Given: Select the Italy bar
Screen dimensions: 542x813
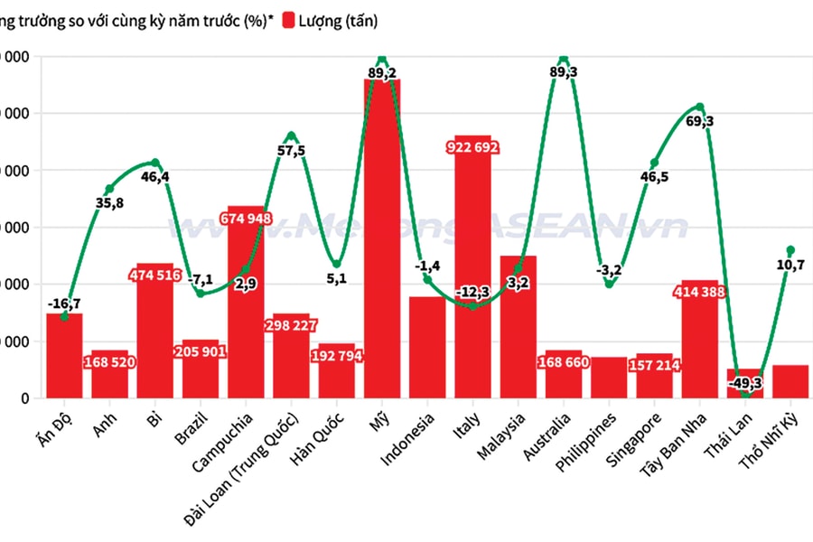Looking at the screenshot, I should tap(472, 271).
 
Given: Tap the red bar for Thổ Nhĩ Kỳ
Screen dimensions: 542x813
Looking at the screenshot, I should tap(790, 381).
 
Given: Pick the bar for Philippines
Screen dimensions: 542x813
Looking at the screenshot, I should tap(609, 378).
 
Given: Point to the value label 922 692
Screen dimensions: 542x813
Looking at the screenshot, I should tap(473, 147).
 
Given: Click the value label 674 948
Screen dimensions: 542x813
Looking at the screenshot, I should tap(247, 218).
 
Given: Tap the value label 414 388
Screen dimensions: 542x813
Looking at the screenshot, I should tap(699, 292).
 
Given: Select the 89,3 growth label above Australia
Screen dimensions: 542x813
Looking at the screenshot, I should tap(564, 72).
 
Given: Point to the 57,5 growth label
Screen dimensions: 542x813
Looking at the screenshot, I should tap(291, 151).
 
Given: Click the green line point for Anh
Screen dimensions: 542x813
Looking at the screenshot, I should tap(109, 189).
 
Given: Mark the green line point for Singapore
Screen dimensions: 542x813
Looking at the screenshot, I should tap(655, 163).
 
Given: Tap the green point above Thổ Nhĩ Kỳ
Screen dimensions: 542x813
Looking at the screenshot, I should tap(790, 249).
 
